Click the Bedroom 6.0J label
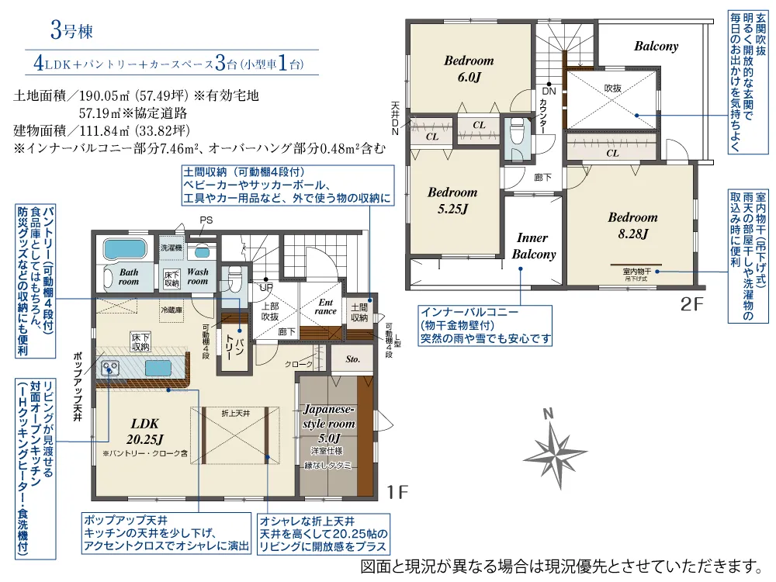(x=469, y=69)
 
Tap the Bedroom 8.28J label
(x=632, y=225)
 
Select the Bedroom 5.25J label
(x=452, y=200)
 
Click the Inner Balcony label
(x=534, y=246)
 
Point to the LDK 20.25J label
(x=145, y=431)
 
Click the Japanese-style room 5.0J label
(x=329, y=424)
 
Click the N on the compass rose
(x=548, y=414)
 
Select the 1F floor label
(x=397, y=492)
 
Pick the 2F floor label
(x=692, y=304)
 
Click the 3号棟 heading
(x=71, y=31)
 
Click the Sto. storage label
(x=352, y=359)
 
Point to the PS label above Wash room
(x=206, y=220)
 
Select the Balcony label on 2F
(x=656, y=47)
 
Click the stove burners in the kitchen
(x=109, y=368)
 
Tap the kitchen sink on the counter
(x=158, y=369)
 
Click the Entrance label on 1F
(x=326, y=307)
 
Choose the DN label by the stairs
(x=549, y=91)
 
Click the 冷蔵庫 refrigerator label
(x=171, y=310)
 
